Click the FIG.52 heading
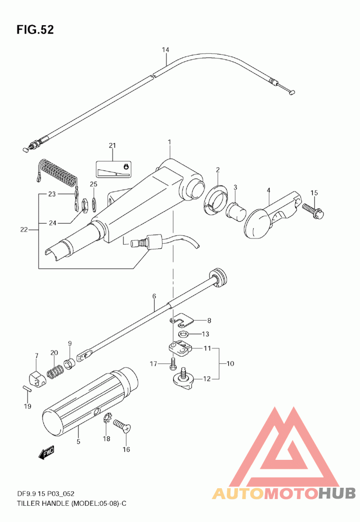[35, 30]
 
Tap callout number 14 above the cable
[165, 50]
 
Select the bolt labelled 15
[313, 211]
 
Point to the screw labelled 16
[122, 426]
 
